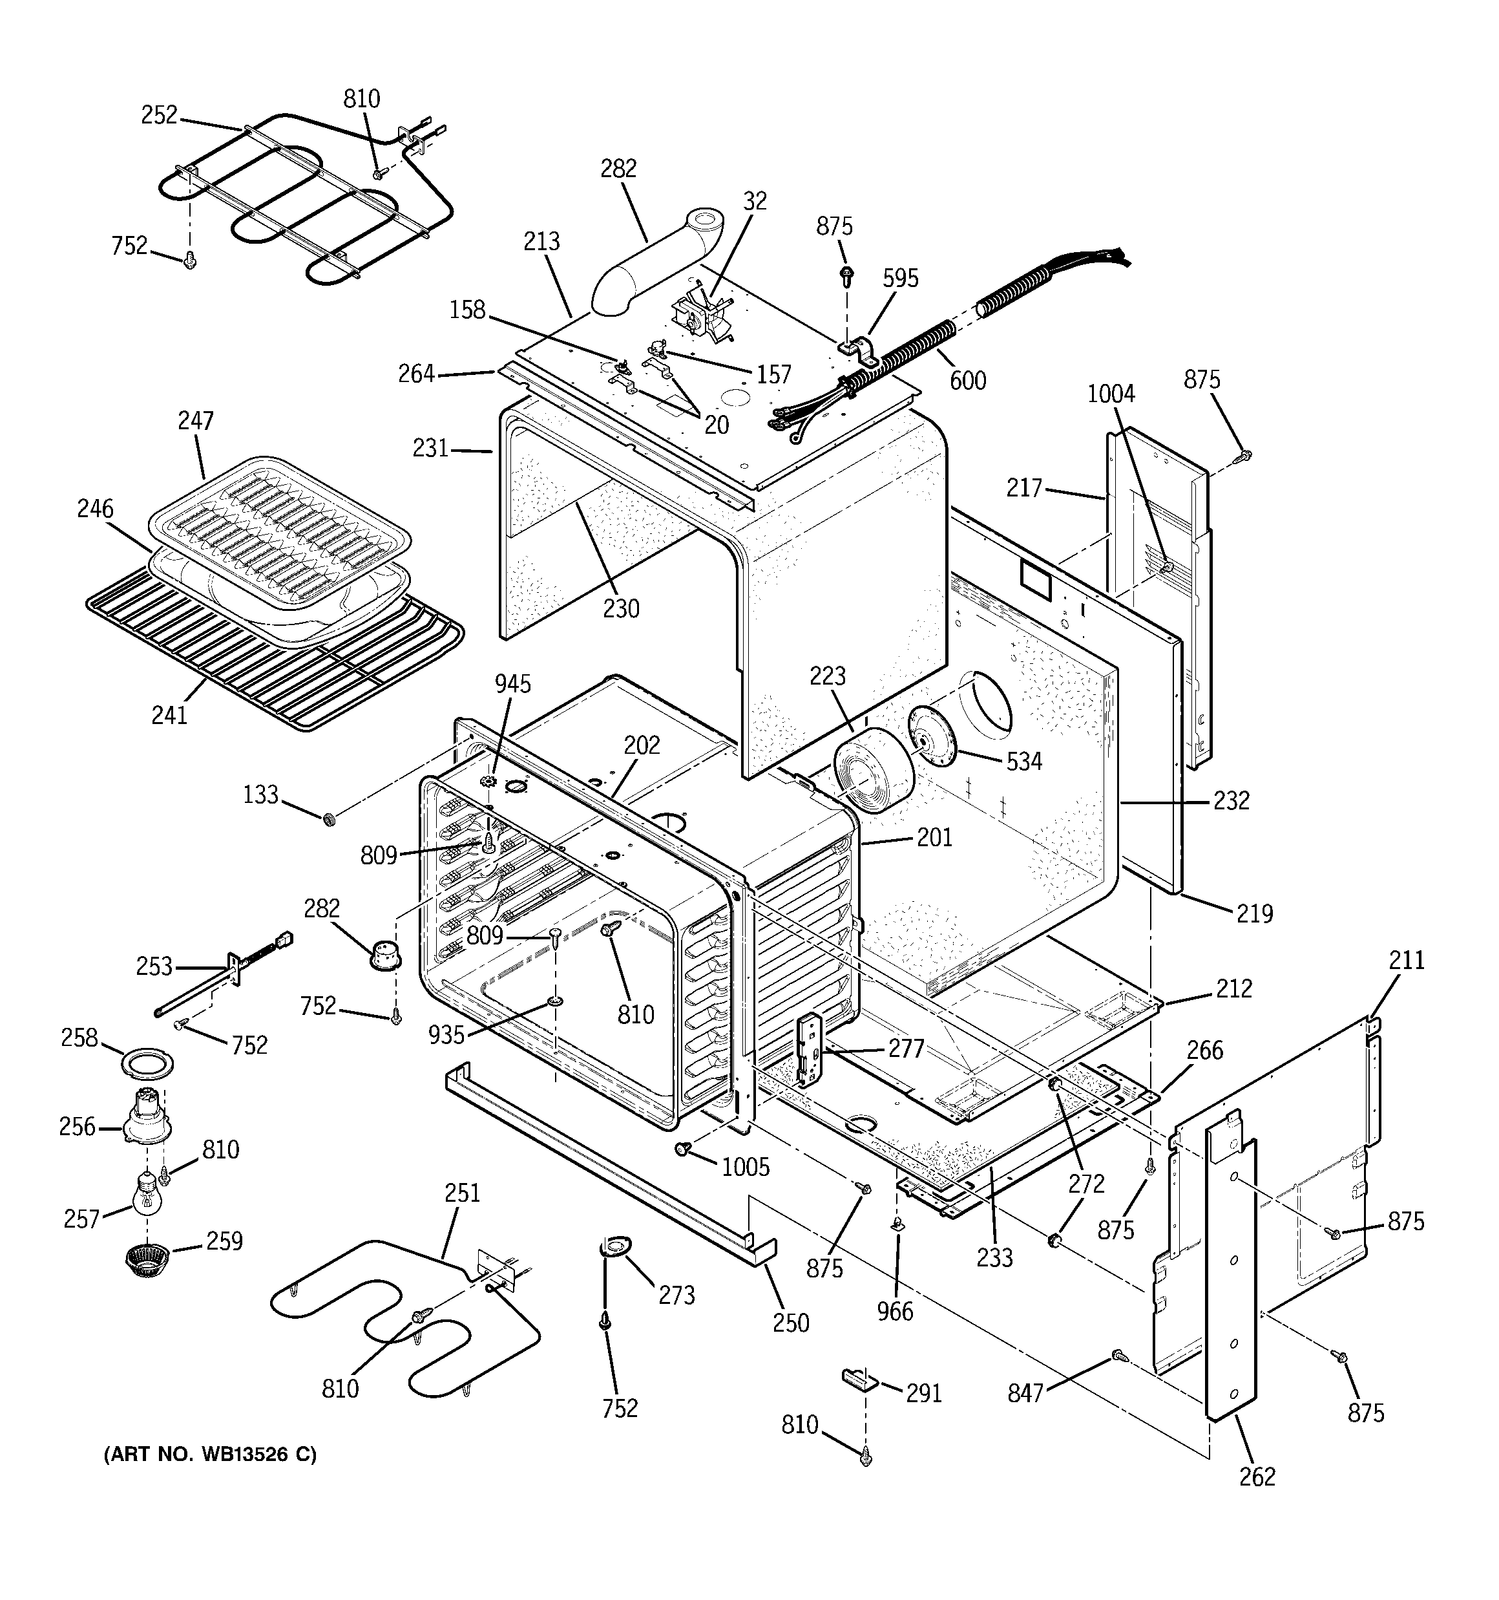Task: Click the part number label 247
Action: pos(196,420)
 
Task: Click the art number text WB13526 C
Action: pos(210,1455)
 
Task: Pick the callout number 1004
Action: pos(1111,394)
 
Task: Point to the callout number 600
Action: pos(967,380)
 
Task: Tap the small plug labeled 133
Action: pos(328,819)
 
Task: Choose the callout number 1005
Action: pos(745,1166)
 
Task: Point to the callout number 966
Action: pos(895,1311)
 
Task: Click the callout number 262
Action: pos(1257,1476)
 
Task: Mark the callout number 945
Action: pos(512,683)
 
